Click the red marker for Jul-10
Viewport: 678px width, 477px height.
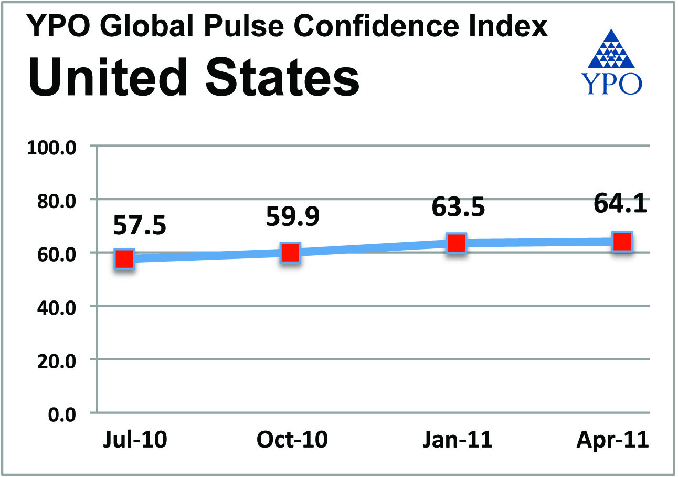click(x=125, y=259)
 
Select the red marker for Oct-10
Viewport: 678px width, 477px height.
click(x=290, y=253)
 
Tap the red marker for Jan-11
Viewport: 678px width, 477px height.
click(x=455, y=243)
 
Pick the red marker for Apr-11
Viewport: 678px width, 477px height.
click(x=622, y=242)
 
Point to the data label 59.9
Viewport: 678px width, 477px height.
click(x=292, y=217)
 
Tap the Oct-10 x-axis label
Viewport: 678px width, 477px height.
click(x=292, y=440)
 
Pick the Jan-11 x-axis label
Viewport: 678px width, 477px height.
click(x=458, y=440)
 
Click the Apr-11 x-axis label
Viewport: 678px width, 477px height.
click(x=612, y=440)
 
